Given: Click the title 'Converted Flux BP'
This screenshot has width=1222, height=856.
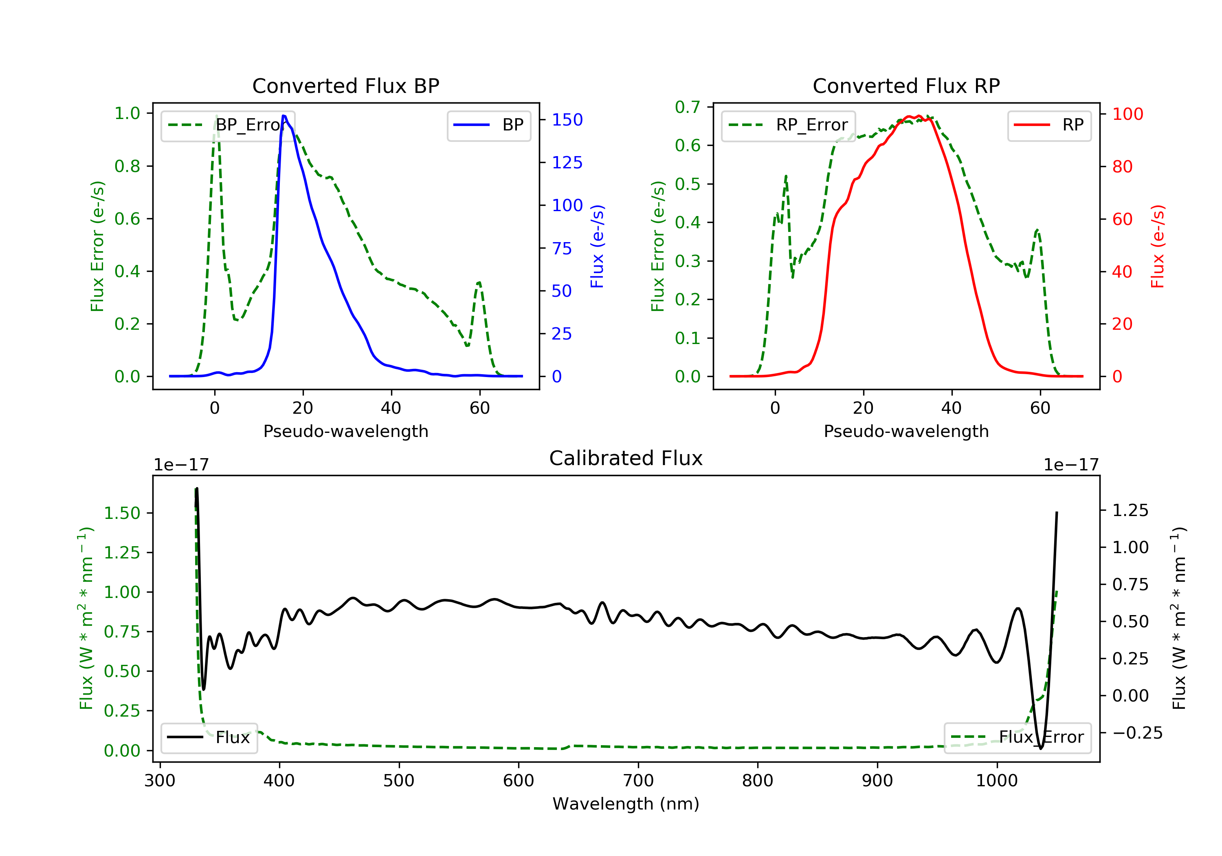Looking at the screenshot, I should coord(345,86).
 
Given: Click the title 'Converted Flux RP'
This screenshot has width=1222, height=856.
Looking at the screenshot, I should coord(906,86).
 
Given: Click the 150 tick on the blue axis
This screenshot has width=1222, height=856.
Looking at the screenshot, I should coord(567,120).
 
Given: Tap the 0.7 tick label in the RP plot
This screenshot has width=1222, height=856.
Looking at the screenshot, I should coord(687,107).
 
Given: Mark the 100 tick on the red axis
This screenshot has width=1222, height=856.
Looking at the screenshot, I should coord(1127,114).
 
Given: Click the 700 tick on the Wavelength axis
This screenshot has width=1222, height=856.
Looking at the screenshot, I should coord(638,781).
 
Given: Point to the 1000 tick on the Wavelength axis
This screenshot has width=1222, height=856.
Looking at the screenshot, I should coord(996,781).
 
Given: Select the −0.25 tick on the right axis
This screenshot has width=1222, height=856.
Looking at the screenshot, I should coord(1137,733).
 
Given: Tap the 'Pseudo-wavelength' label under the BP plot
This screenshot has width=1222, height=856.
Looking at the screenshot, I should coord(345,431).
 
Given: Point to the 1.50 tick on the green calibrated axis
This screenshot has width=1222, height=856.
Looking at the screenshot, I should coord(122,513).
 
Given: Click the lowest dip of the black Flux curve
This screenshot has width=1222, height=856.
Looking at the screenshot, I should coord(1040,748).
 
